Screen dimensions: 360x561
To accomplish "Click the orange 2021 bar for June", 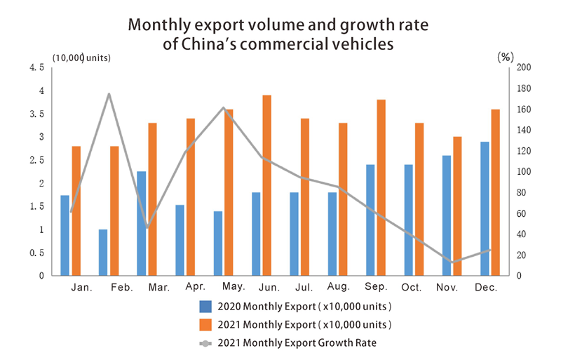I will coord(267,185).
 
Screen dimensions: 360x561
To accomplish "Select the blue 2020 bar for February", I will coord(103,252).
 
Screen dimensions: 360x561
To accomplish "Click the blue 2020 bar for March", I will coord(141,223).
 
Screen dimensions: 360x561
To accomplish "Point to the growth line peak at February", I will coord(109,94).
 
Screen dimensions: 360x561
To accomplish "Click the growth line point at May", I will coord(223,108).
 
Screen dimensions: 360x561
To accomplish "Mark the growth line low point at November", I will coord(452,262).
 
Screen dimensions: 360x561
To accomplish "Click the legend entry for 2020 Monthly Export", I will coord(295,307).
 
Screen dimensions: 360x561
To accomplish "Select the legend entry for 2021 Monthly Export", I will coord(295,325).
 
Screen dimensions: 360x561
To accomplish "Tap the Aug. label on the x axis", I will coord(338,288).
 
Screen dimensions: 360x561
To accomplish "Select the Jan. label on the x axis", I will coord(83,288).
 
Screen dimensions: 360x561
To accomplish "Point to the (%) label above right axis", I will coord(506,57).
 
